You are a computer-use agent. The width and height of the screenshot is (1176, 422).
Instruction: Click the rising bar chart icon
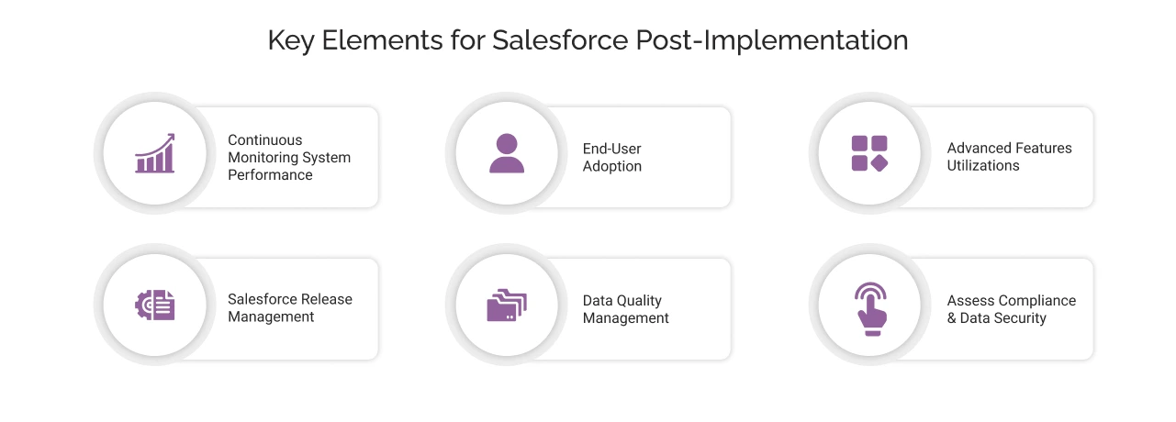coord(154,153)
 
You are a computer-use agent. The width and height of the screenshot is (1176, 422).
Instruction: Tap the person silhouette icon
coord(506,153)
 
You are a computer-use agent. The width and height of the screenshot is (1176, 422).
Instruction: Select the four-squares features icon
coord(869,153)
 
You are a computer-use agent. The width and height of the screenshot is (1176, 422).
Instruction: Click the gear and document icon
coord(154,305)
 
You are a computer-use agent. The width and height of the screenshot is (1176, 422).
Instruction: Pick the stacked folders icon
coord(506,305)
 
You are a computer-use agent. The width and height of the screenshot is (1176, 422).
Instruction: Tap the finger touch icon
coord(869,305)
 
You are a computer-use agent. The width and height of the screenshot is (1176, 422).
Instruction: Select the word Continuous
coord(264,140)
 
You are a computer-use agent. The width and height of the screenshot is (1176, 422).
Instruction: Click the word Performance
coord(270,174)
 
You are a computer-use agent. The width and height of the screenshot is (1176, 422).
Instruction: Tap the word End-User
coord(611,149)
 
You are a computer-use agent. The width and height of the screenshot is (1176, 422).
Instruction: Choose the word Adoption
coord(611,166)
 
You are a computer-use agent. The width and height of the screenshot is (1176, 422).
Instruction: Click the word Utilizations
coord(983,165)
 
